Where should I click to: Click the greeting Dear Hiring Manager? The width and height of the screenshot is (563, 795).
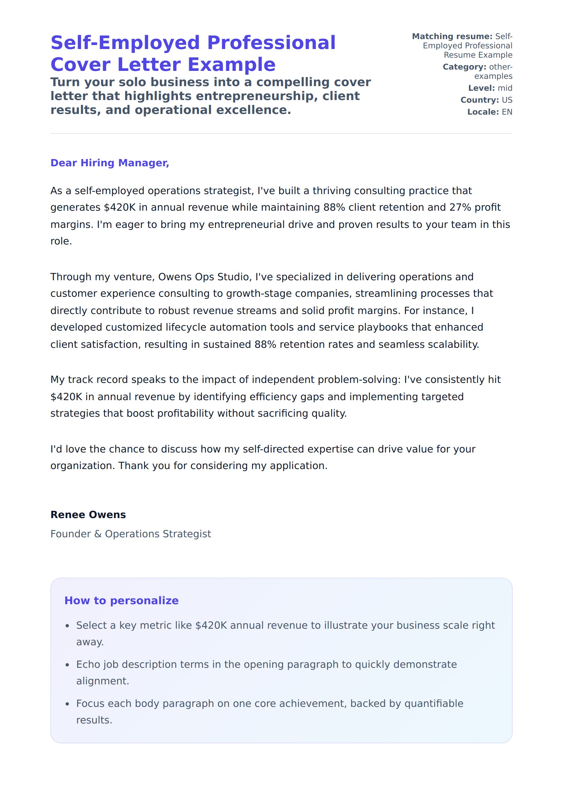pyautogui.click(x=110, y=163)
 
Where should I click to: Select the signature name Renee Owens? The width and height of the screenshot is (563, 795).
pyautogui.click(x=88, y=514)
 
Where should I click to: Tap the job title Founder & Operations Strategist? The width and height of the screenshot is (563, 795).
pyautogui.click(x=131, y=534)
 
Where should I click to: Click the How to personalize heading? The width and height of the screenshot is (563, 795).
pyautogui.click(x=121, y=600)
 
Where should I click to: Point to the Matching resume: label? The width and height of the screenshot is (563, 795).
pyautogui.click(x=452, y=36)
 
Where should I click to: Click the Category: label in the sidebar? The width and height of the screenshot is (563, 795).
pyautogui.click(x=464, y=67)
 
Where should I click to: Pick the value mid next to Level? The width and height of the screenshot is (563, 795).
pyautogui.click(x=505, y=88)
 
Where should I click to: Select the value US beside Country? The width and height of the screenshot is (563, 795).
pyautogui.click(x=507, y=100)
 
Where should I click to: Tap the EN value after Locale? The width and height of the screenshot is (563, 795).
pyautogui.click(x=507, y=112)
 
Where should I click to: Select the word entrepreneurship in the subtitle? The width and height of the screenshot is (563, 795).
pyautogui.click(x=254, y=96)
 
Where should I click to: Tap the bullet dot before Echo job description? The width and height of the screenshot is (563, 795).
pyautogui.click(x=68, y=665)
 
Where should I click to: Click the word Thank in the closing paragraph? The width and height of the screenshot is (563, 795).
pyautogui.click(x=132, y=465)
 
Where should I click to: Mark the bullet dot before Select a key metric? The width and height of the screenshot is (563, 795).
pyautogui.click(x=68, y=626)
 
